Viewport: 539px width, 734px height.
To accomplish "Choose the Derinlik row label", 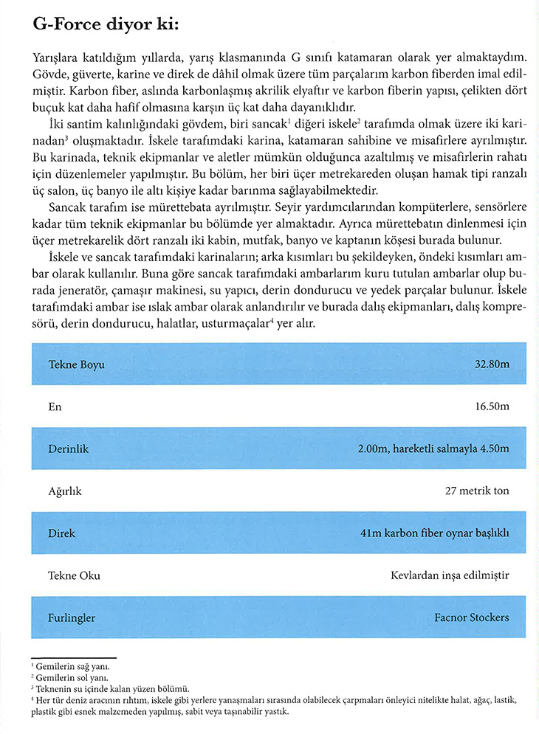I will (69, 449).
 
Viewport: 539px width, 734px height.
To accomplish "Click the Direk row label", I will (62, 533).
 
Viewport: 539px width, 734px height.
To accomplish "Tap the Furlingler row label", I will (72, 617).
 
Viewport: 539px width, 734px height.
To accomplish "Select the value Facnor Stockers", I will (472, 617).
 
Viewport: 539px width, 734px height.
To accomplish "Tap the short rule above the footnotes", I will (74, 657).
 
